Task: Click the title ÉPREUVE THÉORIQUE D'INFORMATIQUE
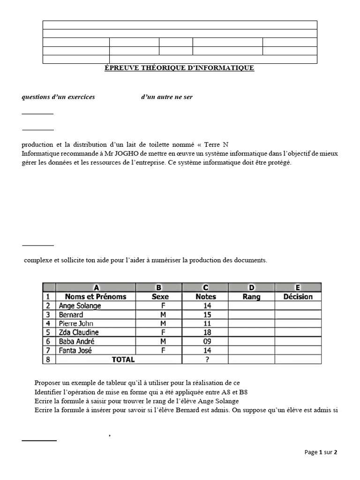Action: tap(179, 68)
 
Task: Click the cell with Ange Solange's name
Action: tap(80, 306)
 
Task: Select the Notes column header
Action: tap(205, 297)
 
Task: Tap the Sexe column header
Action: tap(160, 297)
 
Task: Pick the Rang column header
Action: tap(251, 297)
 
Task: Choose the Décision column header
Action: tap(298, 297)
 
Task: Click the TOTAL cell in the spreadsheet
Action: tap(122, 360)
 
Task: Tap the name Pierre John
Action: tap(76, 323)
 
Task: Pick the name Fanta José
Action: tap(75, 350)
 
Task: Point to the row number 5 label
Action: tap(48, 332)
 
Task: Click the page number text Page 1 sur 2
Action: tap(321, 452)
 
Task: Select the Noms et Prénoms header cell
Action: tap(96, 297)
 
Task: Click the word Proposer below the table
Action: tap(49, 383)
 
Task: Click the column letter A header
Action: tap(96, 287)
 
